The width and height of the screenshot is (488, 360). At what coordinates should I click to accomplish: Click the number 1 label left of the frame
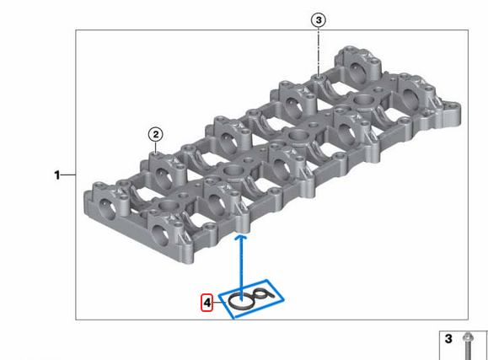coord(57,175)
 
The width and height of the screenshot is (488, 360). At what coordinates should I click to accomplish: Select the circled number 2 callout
coord(155,133)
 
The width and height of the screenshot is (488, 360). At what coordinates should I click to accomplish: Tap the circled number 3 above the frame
coord(318,19)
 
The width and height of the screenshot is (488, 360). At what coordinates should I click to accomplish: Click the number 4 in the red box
coord(206,301)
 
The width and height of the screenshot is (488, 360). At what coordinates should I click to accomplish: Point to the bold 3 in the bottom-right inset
coord(448,339)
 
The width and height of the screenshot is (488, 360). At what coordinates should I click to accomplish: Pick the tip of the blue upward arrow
coord(242,238)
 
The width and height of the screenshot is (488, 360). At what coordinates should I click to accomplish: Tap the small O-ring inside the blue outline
coord(262,293)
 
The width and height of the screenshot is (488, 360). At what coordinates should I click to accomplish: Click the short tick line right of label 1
coord(69,175)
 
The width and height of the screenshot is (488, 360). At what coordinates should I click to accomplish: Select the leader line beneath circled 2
coord(155,147)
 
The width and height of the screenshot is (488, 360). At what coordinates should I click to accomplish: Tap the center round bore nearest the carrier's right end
coord(365,102)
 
